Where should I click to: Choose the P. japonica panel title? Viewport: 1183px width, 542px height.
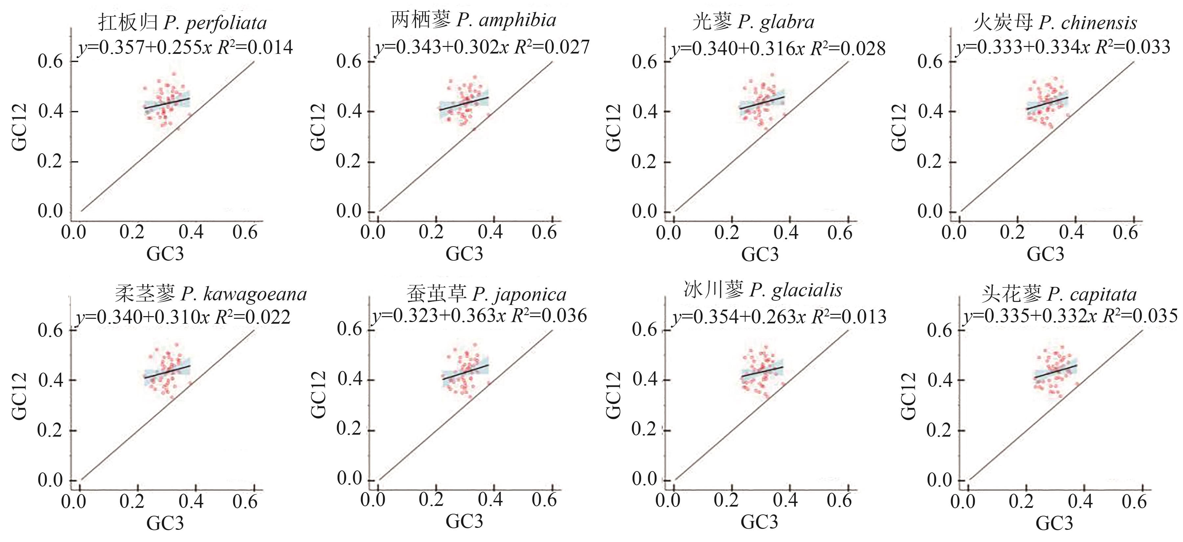click(x=486, y=294)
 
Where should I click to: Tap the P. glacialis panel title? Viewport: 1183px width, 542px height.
click(x=763, y=291)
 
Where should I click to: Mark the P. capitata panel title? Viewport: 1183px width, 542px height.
click(x=1059, y=294)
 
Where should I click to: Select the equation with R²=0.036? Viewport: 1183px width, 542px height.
click(x=479, y=316)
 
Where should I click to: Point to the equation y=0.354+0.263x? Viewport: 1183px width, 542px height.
click(x=779, y=317)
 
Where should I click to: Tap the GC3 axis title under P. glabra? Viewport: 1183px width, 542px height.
click(x=760, y=254)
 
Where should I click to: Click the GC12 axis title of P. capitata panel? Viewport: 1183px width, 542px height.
click(x=909, y=396)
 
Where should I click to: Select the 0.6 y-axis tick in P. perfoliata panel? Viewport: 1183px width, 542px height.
click(x=50, y=61)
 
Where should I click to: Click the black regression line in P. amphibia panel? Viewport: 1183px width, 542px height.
click(x=463, y=103)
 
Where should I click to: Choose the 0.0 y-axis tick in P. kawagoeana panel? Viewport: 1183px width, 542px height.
click(x=50, y=480)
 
